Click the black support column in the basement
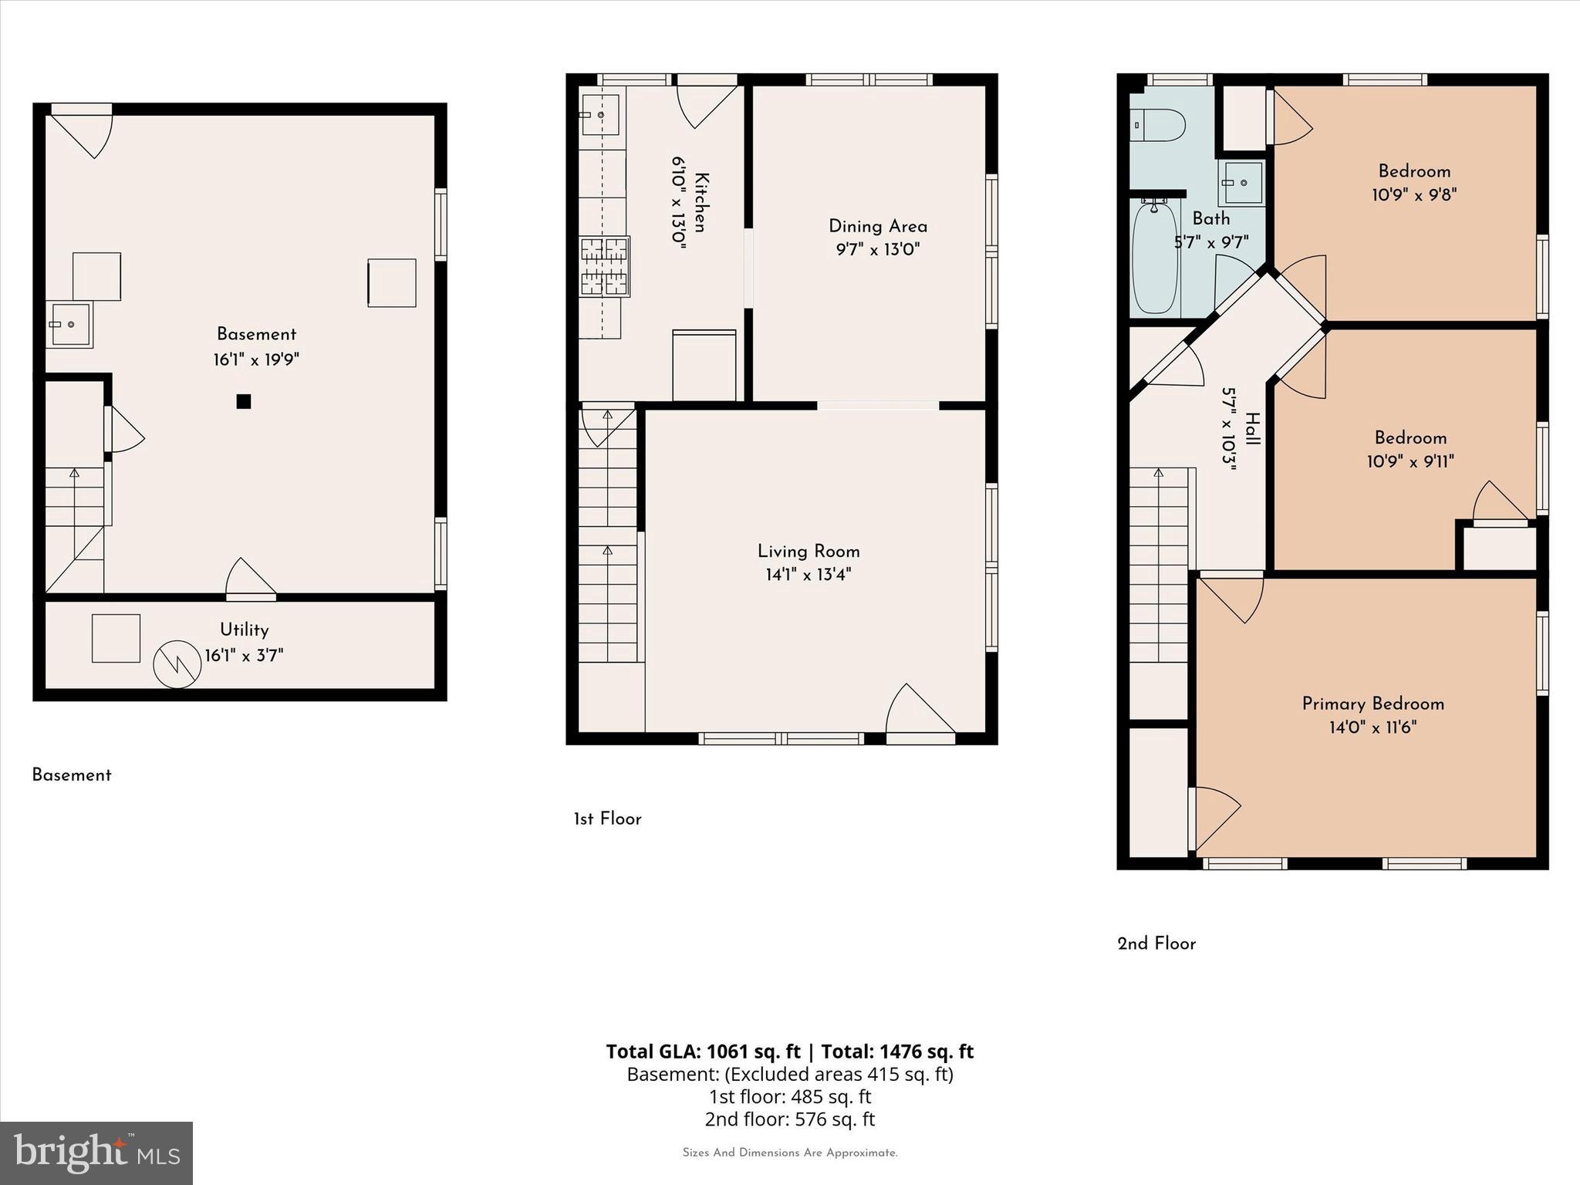(x=244, y=401)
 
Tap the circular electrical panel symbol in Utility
(x=177, y=664)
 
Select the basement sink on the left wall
(x=69, y=325)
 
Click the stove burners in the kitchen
(x=605, y=267)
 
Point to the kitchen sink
(x=600, y=115)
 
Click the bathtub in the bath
(x=1155, y=257)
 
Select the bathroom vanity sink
(x=1242, y=183)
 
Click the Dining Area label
(x=878, y=226)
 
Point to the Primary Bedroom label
(x=1372, y=704)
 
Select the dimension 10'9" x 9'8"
(x=1414, y=194)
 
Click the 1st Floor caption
(x=607, y=819)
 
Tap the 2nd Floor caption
(x=1156, y=944)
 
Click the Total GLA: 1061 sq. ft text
(x=703, y=1052)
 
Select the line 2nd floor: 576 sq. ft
(x=789, y=1119)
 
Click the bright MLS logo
(x=96, y=1153)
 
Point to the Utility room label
(x=244, y=630)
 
